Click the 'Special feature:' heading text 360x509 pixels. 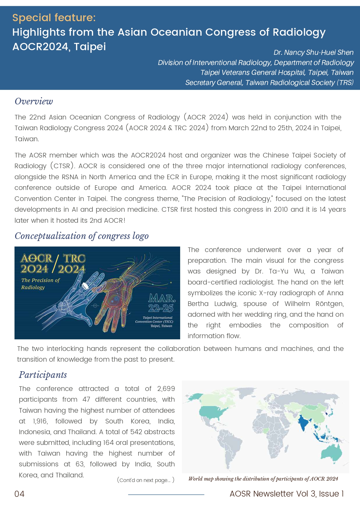coord(54,18)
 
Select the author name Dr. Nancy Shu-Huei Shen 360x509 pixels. coord(313,52)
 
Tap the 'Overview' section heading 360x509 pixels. coord(34,101)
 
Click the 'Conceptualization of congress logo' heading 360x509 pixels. coord(82,236)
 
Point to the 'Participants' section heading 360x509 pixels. coord(43,375)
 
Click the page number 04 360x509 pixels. coord(19,494)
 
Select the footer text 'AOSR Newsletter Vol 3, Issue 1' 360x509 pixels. coord(287,494)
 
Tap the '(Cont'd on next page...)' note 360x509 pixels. coord(146,480)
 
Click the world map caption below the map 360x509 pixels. coord(263,479)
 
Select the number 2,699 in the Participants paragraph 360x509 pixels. coord(166,389)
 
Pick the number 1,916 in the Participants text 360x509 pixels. coord(41,421)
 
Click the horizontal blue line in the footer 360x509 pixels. coord(166,494)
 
